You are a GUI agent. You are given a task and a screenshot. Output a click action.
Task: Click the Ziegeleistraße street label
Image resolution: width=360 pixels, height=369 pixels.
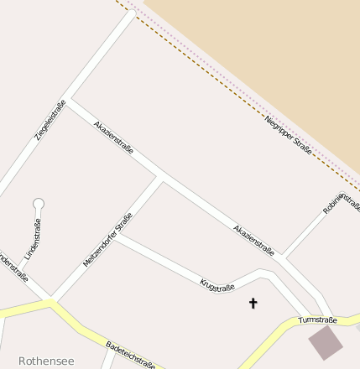click(50, 120)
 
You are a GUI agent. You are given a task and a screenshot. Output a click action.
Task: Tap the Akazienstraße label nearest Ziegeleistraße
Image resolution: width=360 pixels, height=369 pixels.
click(114, 137)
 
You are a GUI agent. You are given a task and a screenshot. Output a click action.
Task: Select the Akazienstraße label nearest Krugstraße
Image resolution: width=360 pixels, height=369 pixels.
click(253, 239)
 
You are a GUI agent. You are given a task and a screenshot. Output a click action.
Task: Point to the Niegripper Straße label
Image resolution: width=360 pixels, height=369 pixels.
click(288, 135)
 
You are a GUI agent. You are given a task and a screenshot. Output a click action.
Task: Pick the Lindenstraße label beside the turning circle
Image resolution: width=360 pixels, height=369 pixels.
click(33, 238)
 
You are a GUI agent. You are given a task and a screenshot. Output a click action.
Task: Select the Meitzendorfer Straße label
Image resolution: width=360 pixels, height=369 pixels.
click(107, 240)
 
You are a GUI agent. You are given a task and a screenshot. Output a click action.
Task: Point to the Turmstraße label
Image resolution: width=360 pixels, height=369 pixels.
click(319, 320)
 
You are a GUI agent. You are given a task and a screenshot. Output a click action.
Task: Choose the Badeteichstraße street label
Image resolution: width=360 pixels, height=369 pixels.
click(130, 355)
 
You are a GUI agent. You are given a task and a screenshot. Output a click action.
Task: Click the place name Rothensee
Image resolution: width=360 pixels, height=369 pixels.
click(46, 361)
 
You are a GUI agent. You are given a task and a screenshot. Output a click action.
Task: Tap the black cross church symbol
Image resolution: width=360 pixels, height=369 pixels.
click(253, 303)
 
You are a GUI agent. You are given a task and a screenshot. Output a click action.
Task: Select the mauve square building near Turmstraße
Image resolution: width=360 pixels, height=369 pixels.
click(326, 342)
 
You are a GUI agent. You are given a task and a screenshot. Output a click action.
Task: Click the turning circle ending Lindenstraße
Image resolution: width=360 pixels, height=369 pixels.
click(38, 203)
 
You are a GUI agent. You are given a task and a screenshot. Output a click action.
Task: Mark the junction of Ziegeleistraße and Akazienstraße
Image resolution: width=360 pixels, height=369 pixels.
click(70, 102)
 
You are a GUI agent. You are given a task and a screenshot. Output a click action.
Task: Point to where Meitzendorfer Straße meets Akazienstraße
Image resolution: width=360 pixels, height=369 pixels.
click(161, 178)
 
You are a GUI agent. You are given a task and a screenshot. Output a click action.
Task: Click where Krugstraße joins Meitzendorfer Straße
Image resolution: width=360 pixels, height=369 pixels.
click(117, 236)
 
